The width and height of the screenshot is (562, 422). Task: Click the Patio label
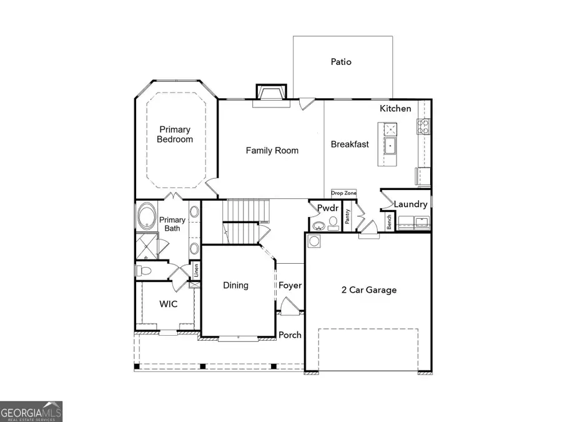click(x=341, y=62)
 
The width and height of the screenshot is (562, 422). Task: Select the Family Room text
click(x=272, y=150)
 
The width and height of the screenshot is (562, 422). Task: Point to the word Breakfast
click(x=350, y=144)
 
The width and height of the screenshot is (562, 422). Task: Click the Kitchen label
click(x=396, y=108)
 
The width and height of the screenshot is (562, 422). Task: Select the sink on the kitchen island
click(x=391, y=147)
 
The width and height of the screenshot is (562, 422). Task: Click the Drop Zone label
click(x=343, y=194)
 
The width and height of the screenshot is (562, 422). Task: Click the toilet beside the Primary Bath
click(x=142, y=271)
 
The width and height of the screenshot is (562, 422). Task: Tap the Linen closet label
click(x=196, y=271)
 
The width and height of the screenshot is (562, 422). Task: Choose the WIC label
click(x=168, y=304)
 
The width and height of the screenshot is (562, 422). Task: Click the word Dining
click(x=235, y=285)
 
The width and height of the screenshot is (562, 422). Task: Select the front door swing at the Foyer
click(x=289, y=306)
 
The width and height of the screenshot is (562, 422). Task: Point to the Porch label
click(x=290, y=335)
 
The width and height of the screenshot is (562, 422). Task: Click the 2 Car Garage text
click(x=368, y=289)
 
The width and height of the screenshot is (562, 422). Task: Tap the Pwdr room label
click(x=327, y=207)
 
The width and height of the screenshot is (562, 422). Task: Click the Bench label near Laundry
click(x=388, y=222)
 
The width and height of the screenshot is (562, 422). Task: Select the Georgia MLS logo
click(x=31, y=411)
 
